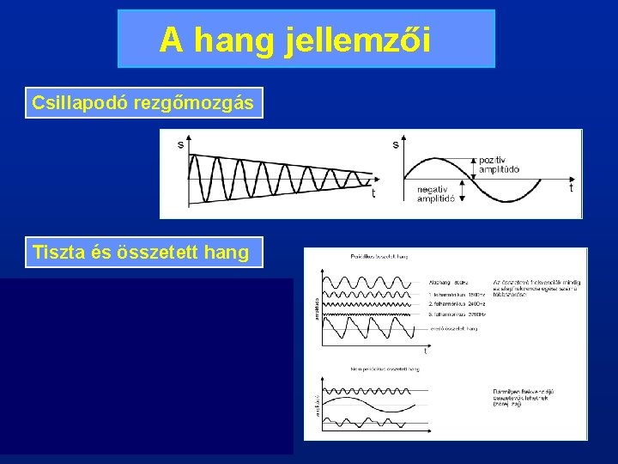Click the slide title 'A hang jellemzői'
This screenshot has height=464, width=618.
click(x=306, y=40)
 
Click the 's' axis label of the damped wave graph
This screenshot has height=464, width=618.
click(x=180, y=144)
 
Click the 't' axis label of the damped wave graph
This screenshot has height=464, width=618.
click(x=373, y=193)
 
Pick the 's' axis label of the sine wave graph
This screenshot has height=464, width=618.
click(x=396, y=144)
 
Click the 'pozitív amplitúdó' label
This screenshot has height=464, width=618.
click(x=500, y=165)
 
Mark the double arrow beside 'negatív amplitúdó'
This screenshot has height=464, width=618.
click(x=464, y=190)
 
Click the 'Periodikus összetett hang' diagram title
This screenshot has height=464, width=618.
click(x=379, y=256)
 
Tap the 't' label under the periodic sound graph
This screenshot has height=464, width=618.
click(x=425, y=351)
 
